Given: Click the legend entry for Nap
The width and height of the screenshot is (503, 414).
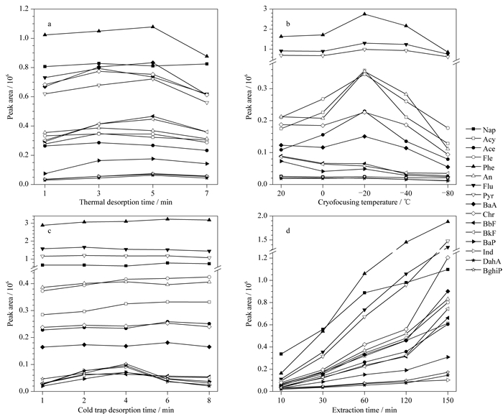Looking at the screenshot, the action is point(481,129).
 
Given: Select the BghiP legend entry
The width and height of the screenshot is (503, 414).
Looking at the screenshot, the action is point(484,270).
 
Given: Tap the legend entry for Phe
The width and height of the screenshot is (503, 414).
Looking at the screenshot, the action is point(480,167).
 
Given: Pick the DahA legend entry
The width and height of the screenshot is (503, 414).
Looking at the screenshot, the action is point(482,261).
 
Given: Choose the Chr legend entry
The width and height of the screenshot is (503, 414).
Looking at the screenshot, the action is point(480,214).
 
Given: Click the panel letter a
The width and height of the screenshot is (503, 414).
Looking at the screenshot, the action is point(50,24).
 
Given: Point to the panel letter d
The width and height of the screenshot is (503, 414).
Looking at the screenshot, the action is point(287,231).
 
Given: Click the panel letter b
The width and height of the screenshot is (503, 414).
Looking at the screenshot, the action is point(287,24).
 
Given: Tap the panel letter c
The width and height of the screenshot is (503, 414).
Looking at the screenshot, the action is point(50,231).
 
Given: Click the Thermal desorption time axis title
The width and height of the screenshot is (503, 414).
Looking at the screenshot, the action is point(126,202).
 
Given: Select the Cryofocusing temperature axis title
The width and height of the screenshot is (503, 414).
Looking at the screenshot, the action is point(364,202).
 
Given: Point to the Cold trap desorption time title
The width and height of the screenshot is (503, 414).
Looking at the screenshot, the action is point(126,410).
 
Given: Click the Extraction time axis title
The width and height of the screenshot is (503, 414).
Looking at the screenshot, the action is point(364,410).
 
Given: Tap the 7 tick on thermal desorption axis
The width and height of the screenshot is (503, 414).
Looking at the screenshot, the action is point(207,193).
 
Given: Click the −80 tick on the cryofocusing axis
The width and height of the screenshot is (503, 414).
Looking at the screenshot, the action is point(448,193).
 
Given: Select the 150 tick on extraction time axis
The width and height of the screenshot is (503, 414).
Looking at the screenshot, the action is point(448,401).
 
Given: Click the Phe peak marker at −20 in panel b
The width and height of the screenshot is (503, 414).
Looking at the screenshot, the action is point(364,14).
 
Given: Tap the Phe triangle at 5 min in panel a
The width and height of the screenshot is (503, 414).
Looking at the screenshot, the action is point(153,27).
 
